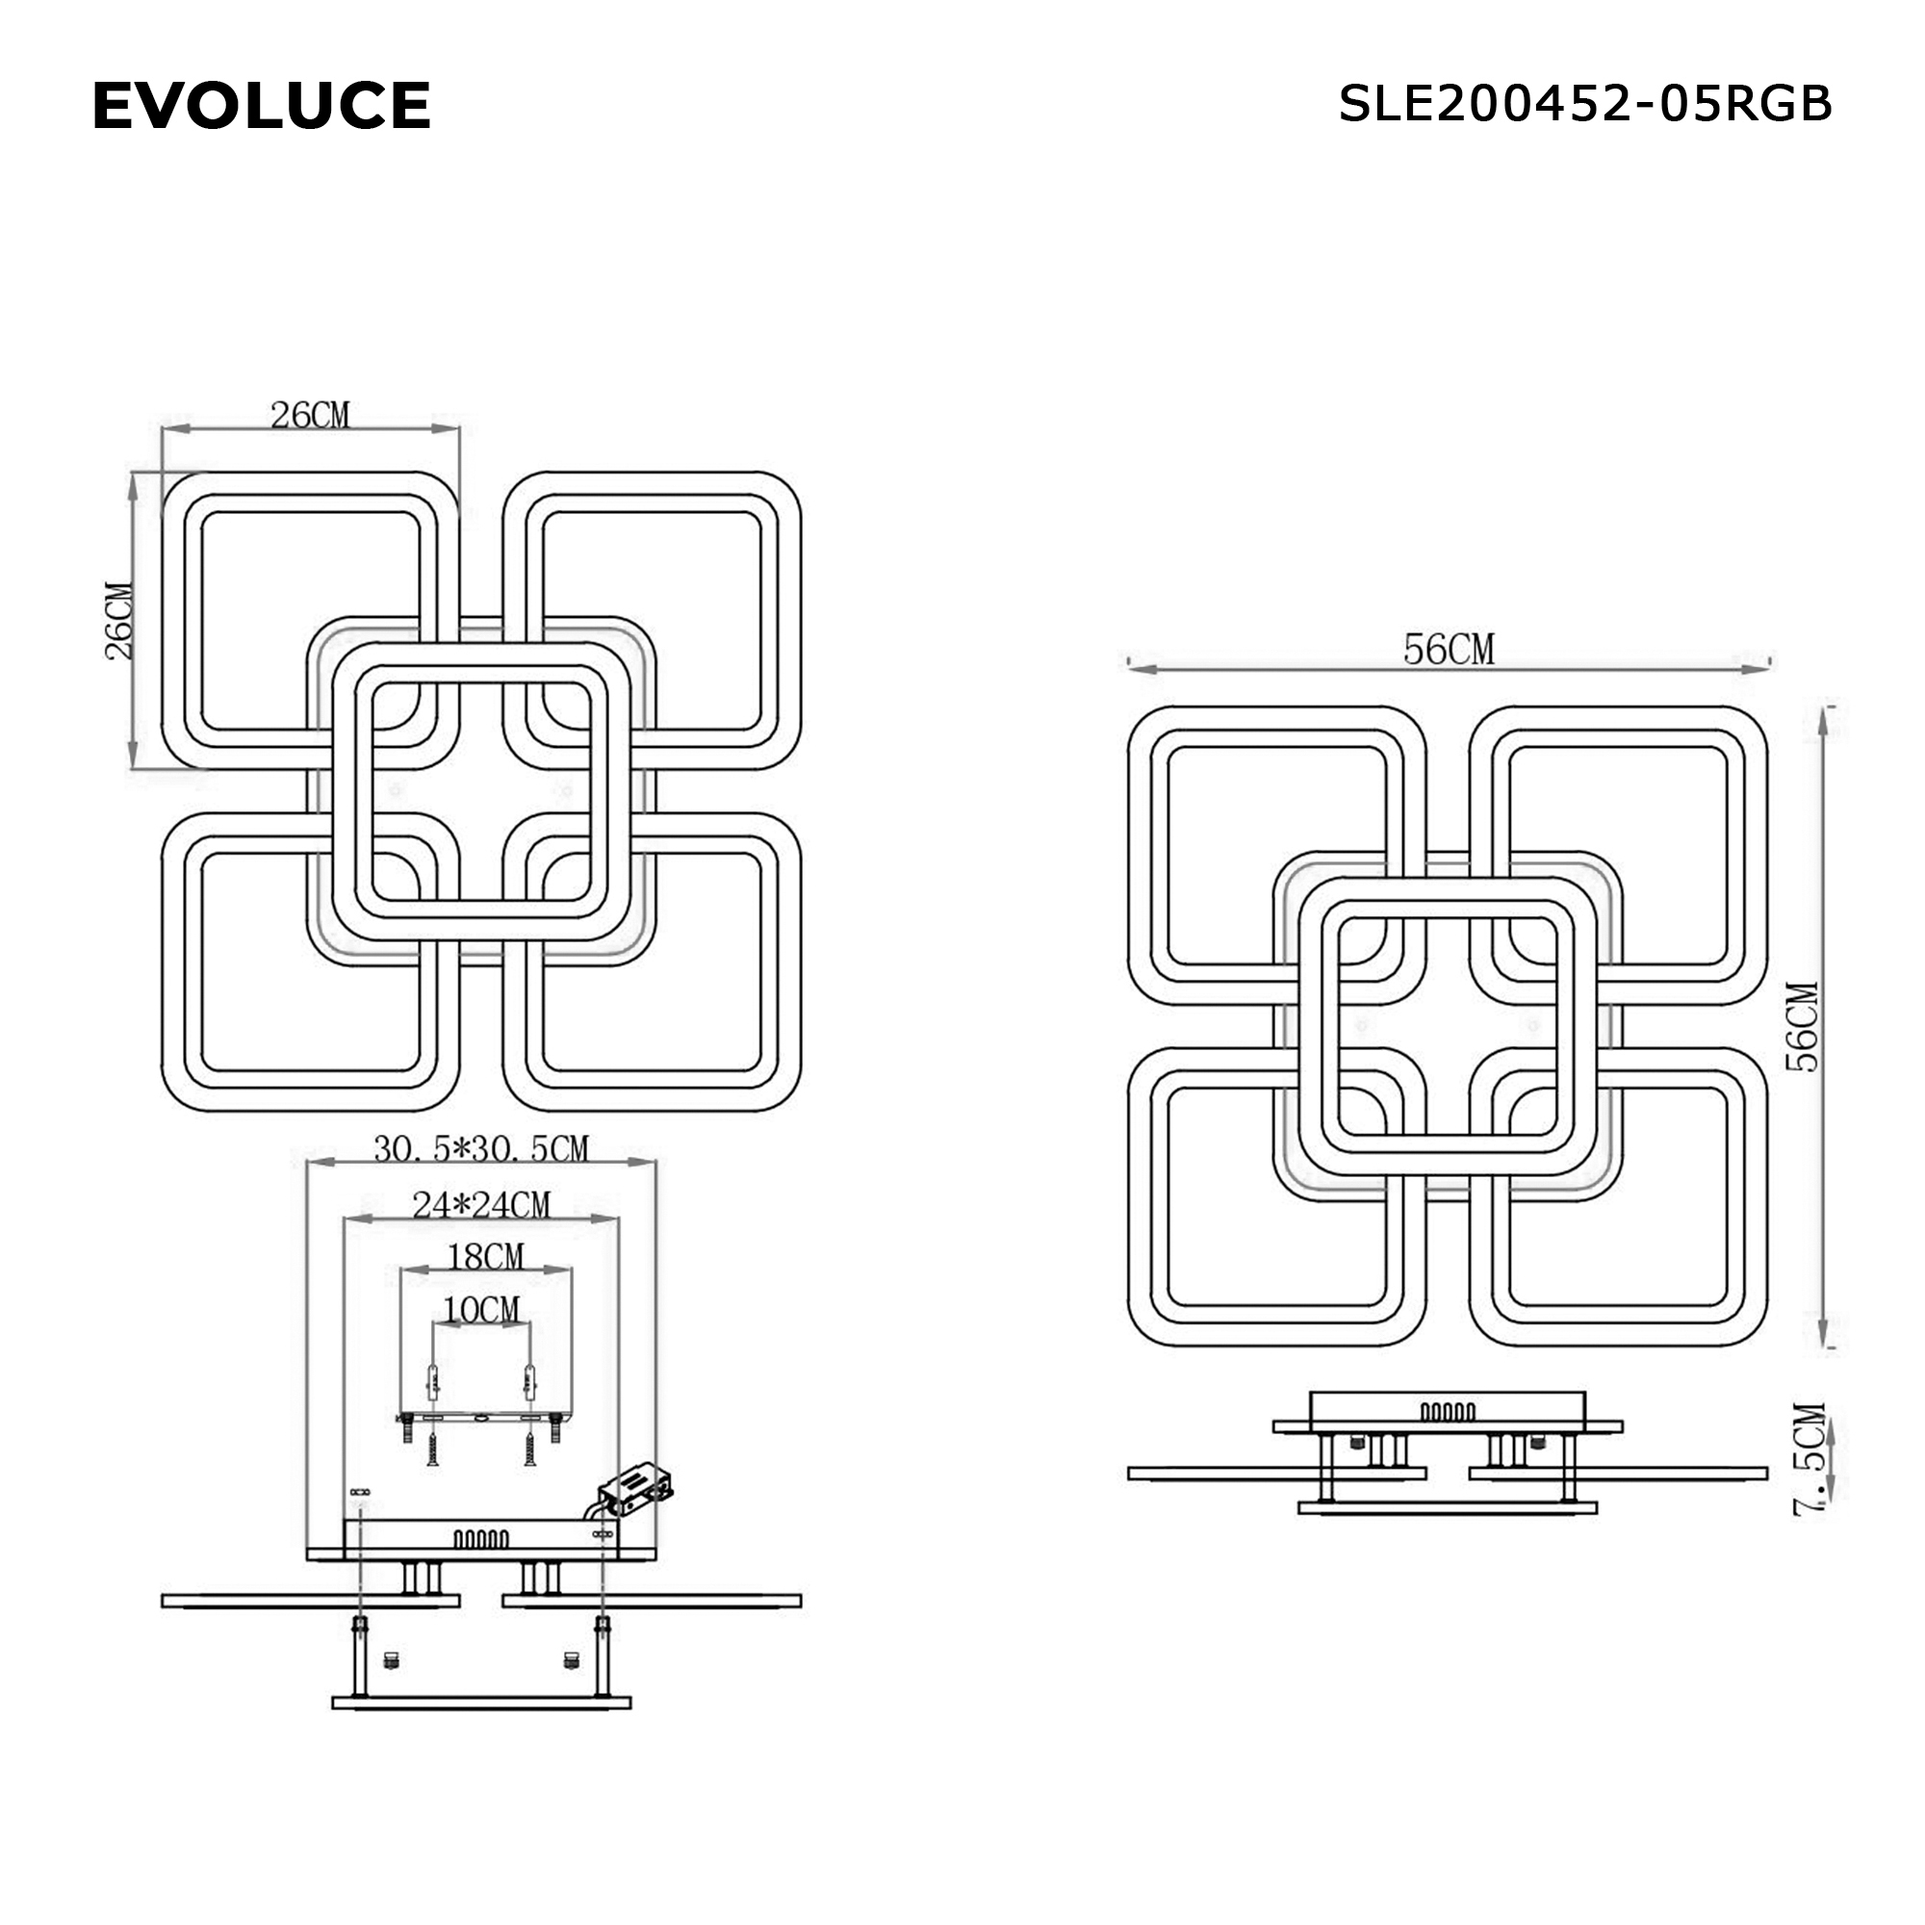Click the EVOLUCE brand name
pos(261,106)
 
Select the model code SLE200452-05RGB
pos(1584,104)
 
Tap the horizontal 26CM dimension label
pos(310,416)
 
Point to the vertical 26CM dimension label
pos(118,621)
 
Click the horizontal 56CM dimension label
pos(1449,650)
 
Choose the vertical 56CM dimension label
pos(1803,1027)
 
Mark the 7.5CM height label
pos(1809,1461)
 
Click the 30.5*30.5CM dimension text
pos(481,1149)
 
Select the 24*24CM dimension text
pos(481,1206)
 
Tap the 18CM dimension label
pos(485,1257)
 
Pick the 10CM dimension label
pos(481,1309)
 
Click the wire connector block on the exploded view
pos(636,1489)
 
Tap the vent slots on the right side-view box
pos(1448,1412)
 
